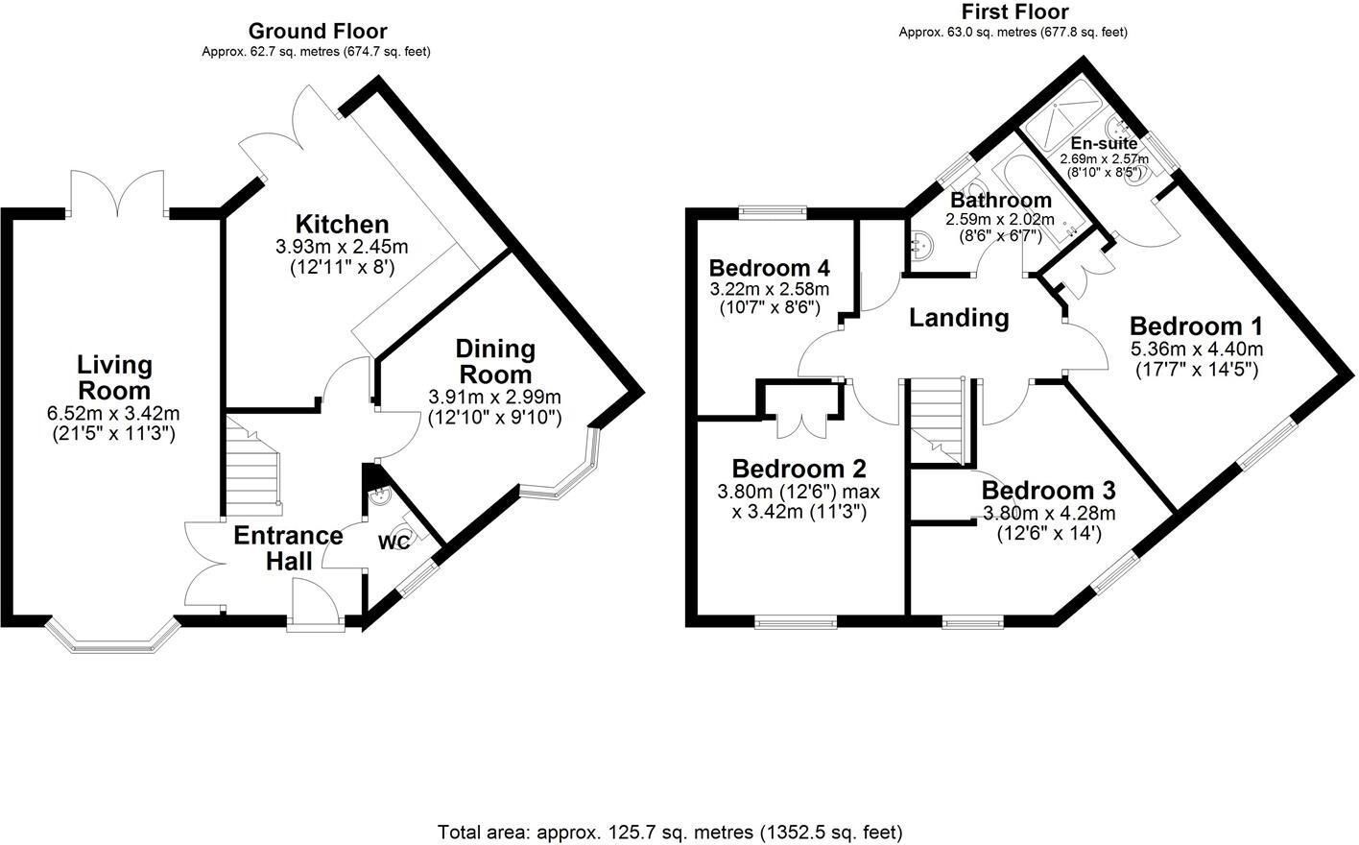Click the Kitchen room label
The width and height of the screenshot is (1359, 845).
pos(343,225)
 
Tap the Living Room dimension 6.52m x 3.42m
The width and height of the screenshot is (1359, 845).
pos(113,414)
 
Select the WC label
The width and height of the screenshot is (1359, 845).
pos(394,542)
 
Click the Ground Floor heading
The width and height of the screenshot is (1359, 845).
pos(318,31)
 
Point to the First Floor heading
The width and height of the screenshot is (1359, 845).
pos(1015,12)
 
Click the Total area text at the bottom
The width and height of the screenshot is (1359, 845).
pos(670,831)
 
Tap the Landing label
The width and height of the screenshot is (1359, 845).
pos(959,318)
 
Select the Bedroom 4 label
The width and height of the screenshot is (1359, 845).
pos(770,268)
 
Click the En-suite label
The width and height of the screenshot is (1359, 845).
pos(1104,144)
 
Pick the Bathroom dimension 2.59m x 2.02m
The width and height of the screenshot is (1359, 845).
pos(1000,219)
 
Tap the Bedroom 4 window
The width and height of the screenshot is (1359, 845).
pos(773,212)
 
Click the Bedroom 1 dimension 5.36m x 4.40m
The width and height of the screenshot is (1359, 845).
pos(1197,350)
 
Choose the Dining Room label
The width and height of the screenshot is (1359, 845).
pos(495,362)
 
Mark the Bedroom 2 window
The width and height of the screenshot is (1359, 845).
pos(796,621)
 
